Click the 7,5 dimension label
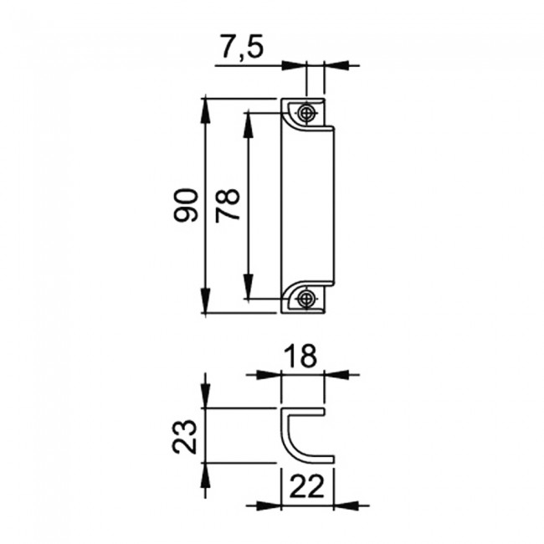[x=243, y=46]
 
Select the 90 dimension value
[x=186, y=205]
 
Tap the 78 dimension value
[x=228, y=205]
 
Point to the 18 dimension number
[x=300, y=356]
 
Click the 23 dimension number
[x=185, y=436]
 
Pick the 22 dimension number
[x=306, y=485]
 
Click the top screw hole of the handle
[x=306, y=113]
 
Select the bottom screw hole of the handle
[x=306, y=298]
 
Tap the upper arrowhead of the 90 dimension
[x=206, y=110]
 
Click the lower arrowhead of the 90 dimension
[x=206, y=300]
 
